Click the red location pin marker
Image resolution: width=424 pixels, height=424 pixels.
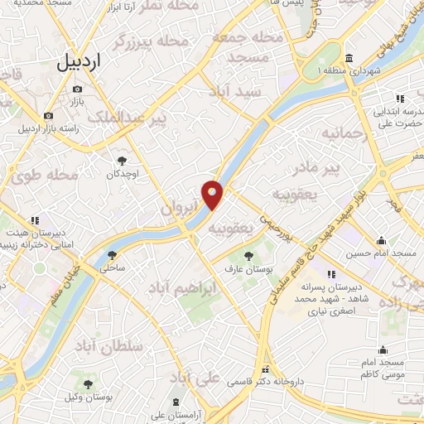[x=213, y=195]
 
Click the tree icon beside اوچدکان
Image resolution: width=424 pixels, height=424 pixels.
[x=123, y=160]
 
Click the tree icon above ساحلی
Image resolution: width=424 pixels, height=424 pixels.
[x=112, y=255]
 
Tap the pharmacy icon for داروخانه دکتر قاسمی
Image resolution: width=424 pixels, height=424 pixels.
[x=266, y=370]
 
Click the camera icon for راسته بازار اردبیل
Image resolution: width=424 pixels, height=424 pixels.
[x=48, y=116]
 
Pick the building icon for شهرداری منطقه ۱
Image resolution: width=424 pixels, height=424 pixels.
[x=349, y=59]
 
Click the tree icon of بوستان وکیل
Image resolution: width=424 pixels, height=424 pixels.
[x=88, y=383]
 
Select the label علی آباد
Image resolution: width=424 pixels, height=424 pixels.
[x=197, y=379]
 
